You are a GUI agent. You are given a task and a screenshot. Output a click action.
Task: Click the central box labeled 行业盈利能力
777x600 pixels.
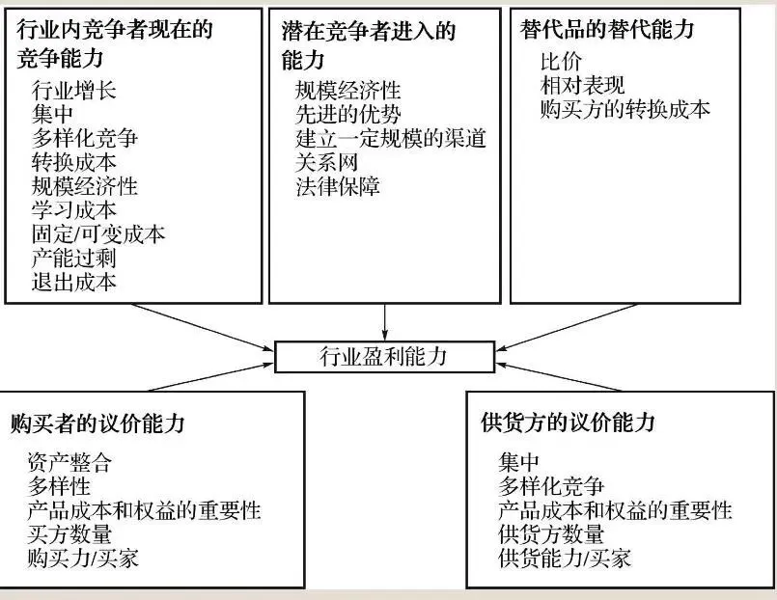(x=383, y=357)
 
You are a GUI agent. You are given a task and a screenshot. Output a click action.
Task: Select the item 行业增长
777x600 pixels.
(x=74, y=92)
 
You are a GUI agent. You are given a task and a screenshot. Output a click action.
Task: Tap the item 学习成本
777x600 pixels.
(x=74, y=209)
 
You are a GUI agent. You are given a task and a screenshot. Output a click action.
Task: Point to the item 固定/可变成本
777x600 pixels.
(x=98, y=233)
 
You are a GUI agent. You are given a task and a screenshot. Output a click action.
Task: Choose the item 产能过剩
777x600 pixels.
(x=74, y=258)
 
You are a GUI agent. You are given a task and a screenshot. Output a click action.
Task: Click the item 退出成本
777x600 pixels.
(x=74, y=282)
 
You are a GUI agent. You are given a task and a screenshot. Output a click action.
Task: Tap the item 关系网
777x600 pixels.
(x=326, y=162)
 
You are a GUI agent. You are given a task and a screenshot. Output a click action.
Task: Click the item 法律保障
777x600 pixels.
(x=338, y=186)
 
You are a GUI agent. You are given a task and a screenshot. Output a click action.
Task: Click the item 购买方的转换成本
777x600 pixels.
(x=625, y=109)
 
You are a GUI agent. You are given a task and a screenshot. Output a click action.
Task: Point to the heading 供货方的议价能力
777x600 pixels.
(x=568, y=423)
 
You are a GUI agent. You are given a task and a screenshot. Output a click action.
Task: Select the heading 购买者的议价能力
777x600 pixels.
(x=98, y=423)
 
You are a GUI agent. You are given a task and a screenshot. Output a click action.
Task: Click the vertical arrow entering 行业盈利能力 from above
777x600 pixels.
(x=385, y=321)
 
